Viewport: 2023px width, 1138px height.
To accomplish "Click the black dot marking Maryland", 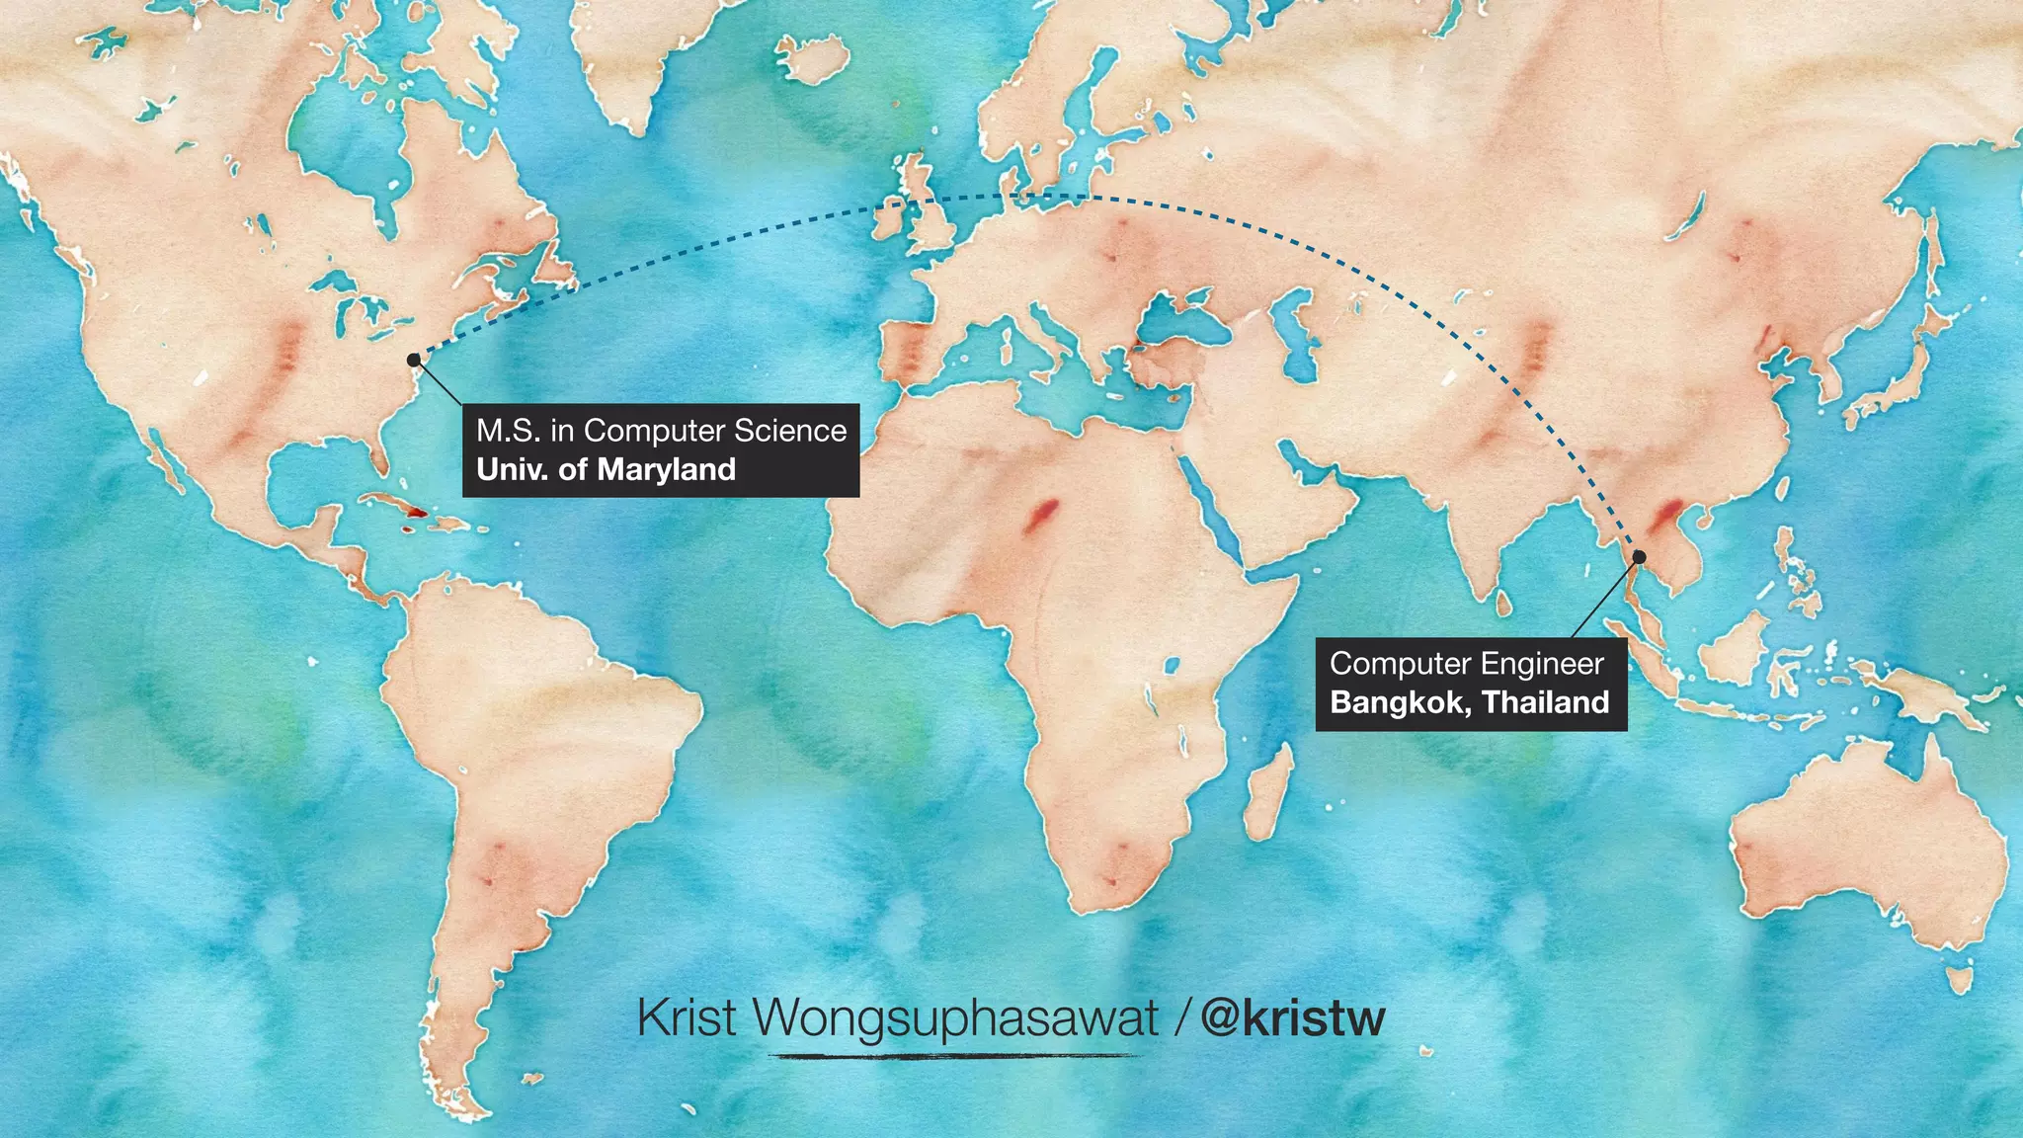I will [413, 360].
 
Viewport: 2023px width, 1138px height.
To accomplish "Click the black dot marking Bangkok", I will [1639, 557].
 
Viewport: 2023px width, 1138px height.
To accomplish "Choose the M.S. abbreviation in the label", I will [508, 431].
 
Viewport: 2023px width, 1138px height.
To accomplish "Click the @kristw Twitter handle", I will [1293, 1017].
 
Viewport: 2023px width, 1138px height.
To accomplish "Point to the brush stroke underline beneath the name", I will [953, 1056].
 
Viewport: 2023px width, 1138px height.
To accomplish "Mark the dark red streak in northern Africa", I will [1041, 515].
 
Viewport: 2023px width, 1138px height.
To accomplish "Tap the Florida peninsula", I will [379, 456].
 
